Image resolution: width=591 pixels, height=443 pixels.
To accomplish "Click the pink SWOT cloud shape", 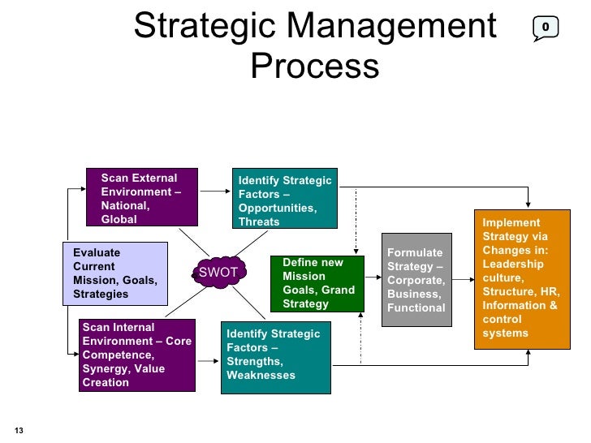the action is point(218,273).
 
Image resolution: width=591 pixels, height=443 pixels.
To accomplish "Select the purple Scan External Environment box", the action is point(143,198).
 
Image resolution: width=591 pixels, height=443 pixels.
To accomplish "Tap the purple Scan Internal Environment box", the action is point(137,355).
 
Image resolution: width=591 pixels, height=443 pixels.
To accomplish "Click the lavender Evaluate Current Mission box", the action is point(114,273).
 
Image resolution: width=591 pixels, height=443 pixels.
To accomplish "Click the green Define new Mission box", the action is point(317,284).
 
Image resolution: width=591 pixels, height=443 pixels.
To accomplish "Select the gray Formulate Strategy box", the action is point(415,280).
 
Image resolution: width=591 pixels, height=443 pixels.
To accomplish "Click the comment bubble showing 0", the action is point(545,28).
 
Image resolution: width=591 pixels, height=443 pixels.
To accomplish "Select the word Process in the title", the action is point(314,66).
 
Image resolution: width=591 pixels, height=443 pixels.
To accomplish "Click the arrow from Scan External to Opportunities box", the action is point(215,191).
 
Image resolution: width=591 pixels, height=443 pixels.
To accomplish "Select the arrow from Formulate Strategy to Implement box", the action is point(460,280).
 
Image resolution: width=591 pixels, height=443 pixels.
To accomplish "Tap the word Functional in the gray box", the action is point(416,308).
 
